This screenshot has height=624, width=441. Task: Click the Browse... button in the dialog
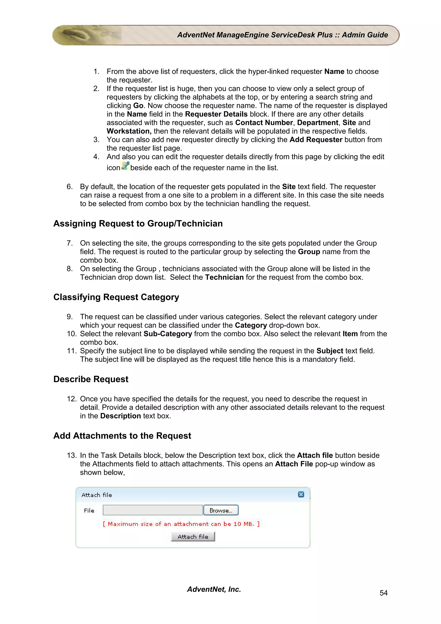point(221,510)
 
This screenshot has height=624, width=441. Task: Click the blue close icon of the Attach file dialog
point(301,494)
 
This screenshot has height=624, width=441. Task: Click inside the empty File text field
point(153,510)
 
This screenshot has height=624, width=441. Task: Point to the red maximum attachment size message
point(181,524)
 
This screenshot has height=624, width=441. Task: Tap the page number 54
point(383,593)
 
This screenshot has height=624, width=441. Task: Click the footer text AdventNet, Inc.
point(214,589)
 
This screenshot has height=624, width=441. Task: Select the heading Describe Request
point(91,379)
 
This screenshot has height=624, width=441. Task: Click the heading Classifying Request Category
point(116,297)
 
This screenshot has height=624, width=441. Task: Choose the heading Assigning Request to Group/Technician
point(138,224)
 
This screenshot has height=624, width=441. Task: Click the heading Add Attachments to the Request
point(122,436)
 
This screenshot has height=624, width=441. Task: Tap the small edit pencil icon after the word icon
point(125,166)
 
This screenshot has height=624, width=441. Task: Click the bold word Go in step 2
point(138,106)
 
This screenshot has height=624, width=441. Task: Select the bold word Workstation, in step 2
point(129,131)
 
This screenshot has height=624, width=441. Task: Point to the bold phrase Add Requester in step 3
point(316,140)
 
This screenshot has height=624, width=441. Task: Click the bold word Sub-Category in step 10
point(168,334)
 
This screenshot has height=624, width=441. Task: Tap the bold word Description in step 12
point(120,416)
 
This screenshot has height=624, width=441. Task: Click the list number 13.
point(72,455)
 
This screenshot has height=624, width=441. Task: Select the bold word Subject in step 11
point(330,351)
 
